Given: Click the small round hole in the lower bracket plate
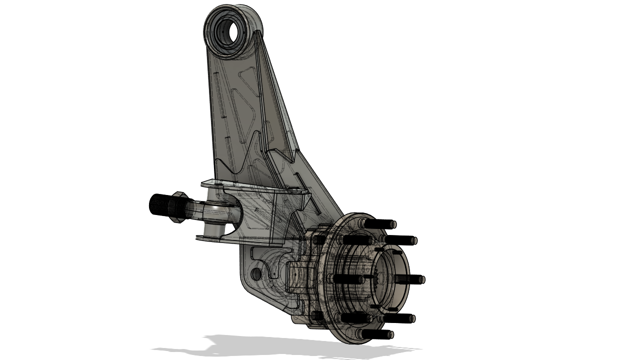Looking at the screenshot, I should pyautogui.click(x=257, y=273).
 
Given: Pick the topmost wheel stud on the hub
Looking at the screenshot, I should pyautogui.click(x=380, y=223).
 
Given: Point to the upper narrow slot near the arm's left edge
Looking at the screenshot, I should pyautogui.click(x=216, y=82).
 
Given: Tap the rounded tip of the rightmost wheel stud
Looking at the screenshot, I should pyautogui.click(x=422, y=280).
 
